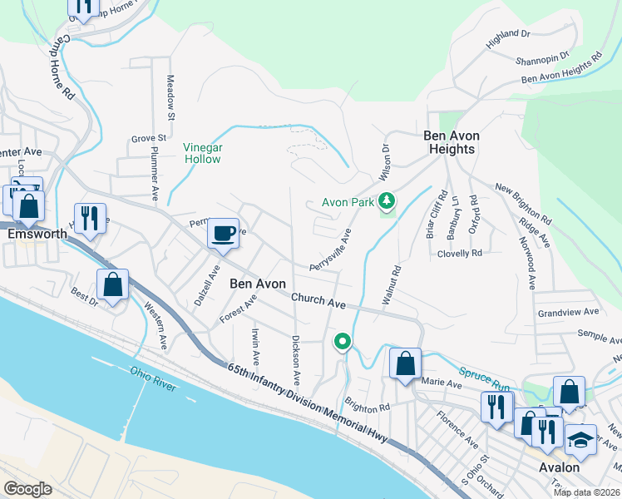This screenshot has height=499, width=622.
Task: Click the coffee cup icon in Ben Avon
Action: tap(222, 234)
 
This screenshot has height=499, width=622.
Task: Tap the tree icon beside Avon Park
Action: tap(386, 201)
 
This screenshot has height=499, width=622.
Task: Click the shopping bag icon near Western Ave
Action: tap(112, 285)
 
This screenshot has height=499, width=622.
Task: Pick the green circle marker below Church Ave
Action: tap(341, 341)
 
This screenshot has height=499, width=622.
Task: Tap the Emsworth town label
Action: tap(37, 234)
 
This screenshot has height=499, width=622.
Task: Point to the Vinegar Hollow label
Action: tap(202, 153)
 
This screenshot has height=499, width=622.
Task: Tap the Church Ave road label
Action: tap(318, 300)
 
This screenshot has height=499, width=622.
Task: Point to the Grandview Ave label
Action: tap(568, 312)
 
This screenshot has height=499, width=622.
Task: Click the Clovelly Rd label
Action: tap(460, 253)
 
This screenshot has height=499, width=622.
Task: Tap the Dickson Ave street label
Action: tap(296, 360)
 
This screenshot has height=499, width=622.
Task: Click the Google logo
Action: tap(27, 489)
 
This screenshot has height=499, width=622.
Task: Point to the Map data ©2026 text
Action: tap(585, 492)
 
